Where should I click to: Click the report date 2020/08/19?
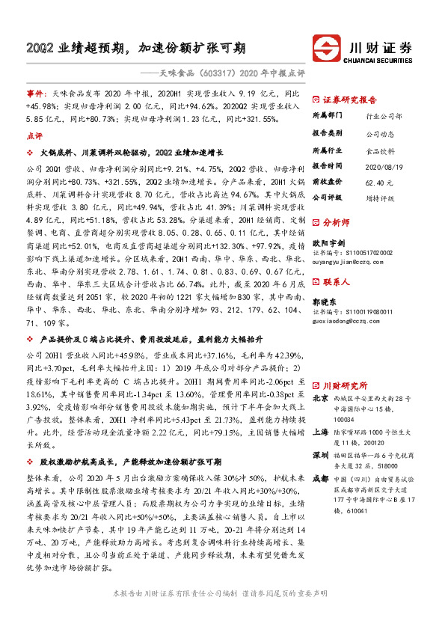[383, 165]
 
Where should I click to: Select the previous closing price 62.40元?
[379, 181]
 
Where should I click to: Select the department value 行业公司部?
[384, 117]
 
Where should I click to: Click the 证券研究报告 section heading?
[350, 100]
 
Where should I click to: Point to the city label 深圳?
[321, 456]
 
